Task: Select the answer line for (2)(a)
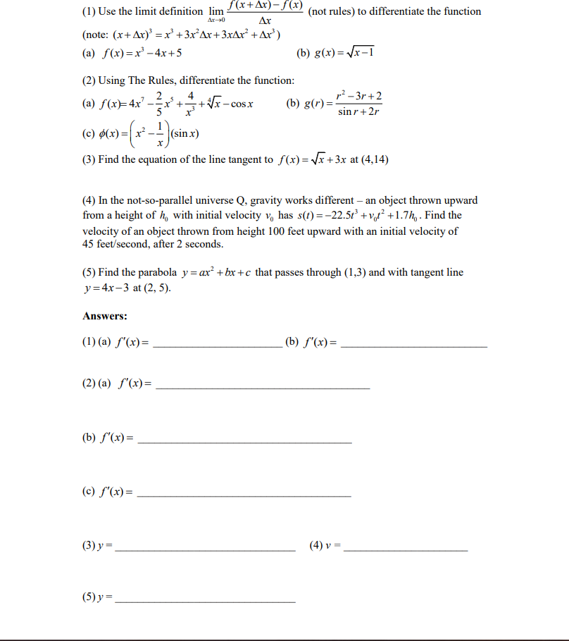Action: coord(262,387)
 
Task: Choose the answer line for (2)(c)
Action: coord(244,496)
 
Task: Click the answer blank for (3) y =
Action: coord(205,549)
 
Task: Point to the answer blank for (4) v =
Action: coord(406,549)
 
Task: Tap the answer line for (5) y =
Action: coord(205,602)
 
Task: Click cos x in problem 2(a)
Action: coord(241,105)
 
